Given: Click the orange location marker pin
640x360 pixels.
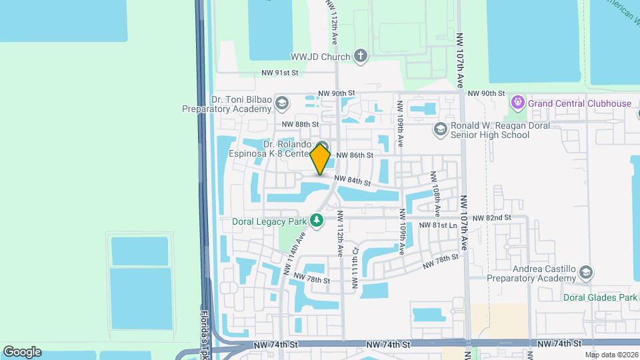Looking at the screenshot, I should [x=321, y=159].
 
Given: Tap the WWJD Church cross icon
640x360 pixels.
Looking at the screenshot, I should [x=361, y=56].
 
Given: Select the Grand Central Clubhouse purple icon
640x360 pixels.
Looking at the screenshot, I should [x=518, y=103].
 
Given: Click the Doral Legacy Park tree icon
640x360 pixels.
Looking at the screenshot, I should [x=317, y=220].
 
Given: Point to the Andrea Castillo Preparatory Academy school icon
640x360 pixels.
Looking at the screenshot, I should [x=585, y=272].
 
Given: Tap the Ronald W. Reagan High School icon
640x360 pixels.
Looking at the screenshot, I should [x=439, y=129].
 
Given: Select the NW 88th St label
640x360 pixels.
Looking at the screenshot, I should [x=301, y=124].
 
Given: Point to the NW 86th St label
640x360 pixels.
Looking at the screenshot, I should [x=354, y=155].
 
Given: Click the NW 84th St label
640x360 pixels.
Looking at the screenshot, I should [x=352, y=180].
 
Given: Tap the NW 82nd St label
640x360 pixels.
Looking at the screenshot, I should [x=491, y=217].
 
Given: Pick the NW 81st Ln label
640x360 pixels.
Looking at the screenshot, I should [x=437, y=225].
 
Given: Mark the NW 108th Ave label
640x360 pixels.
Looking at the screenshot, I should [x=436, y=194].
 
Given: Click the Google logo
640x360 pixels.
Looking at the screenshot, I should [x=22, y=352].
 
